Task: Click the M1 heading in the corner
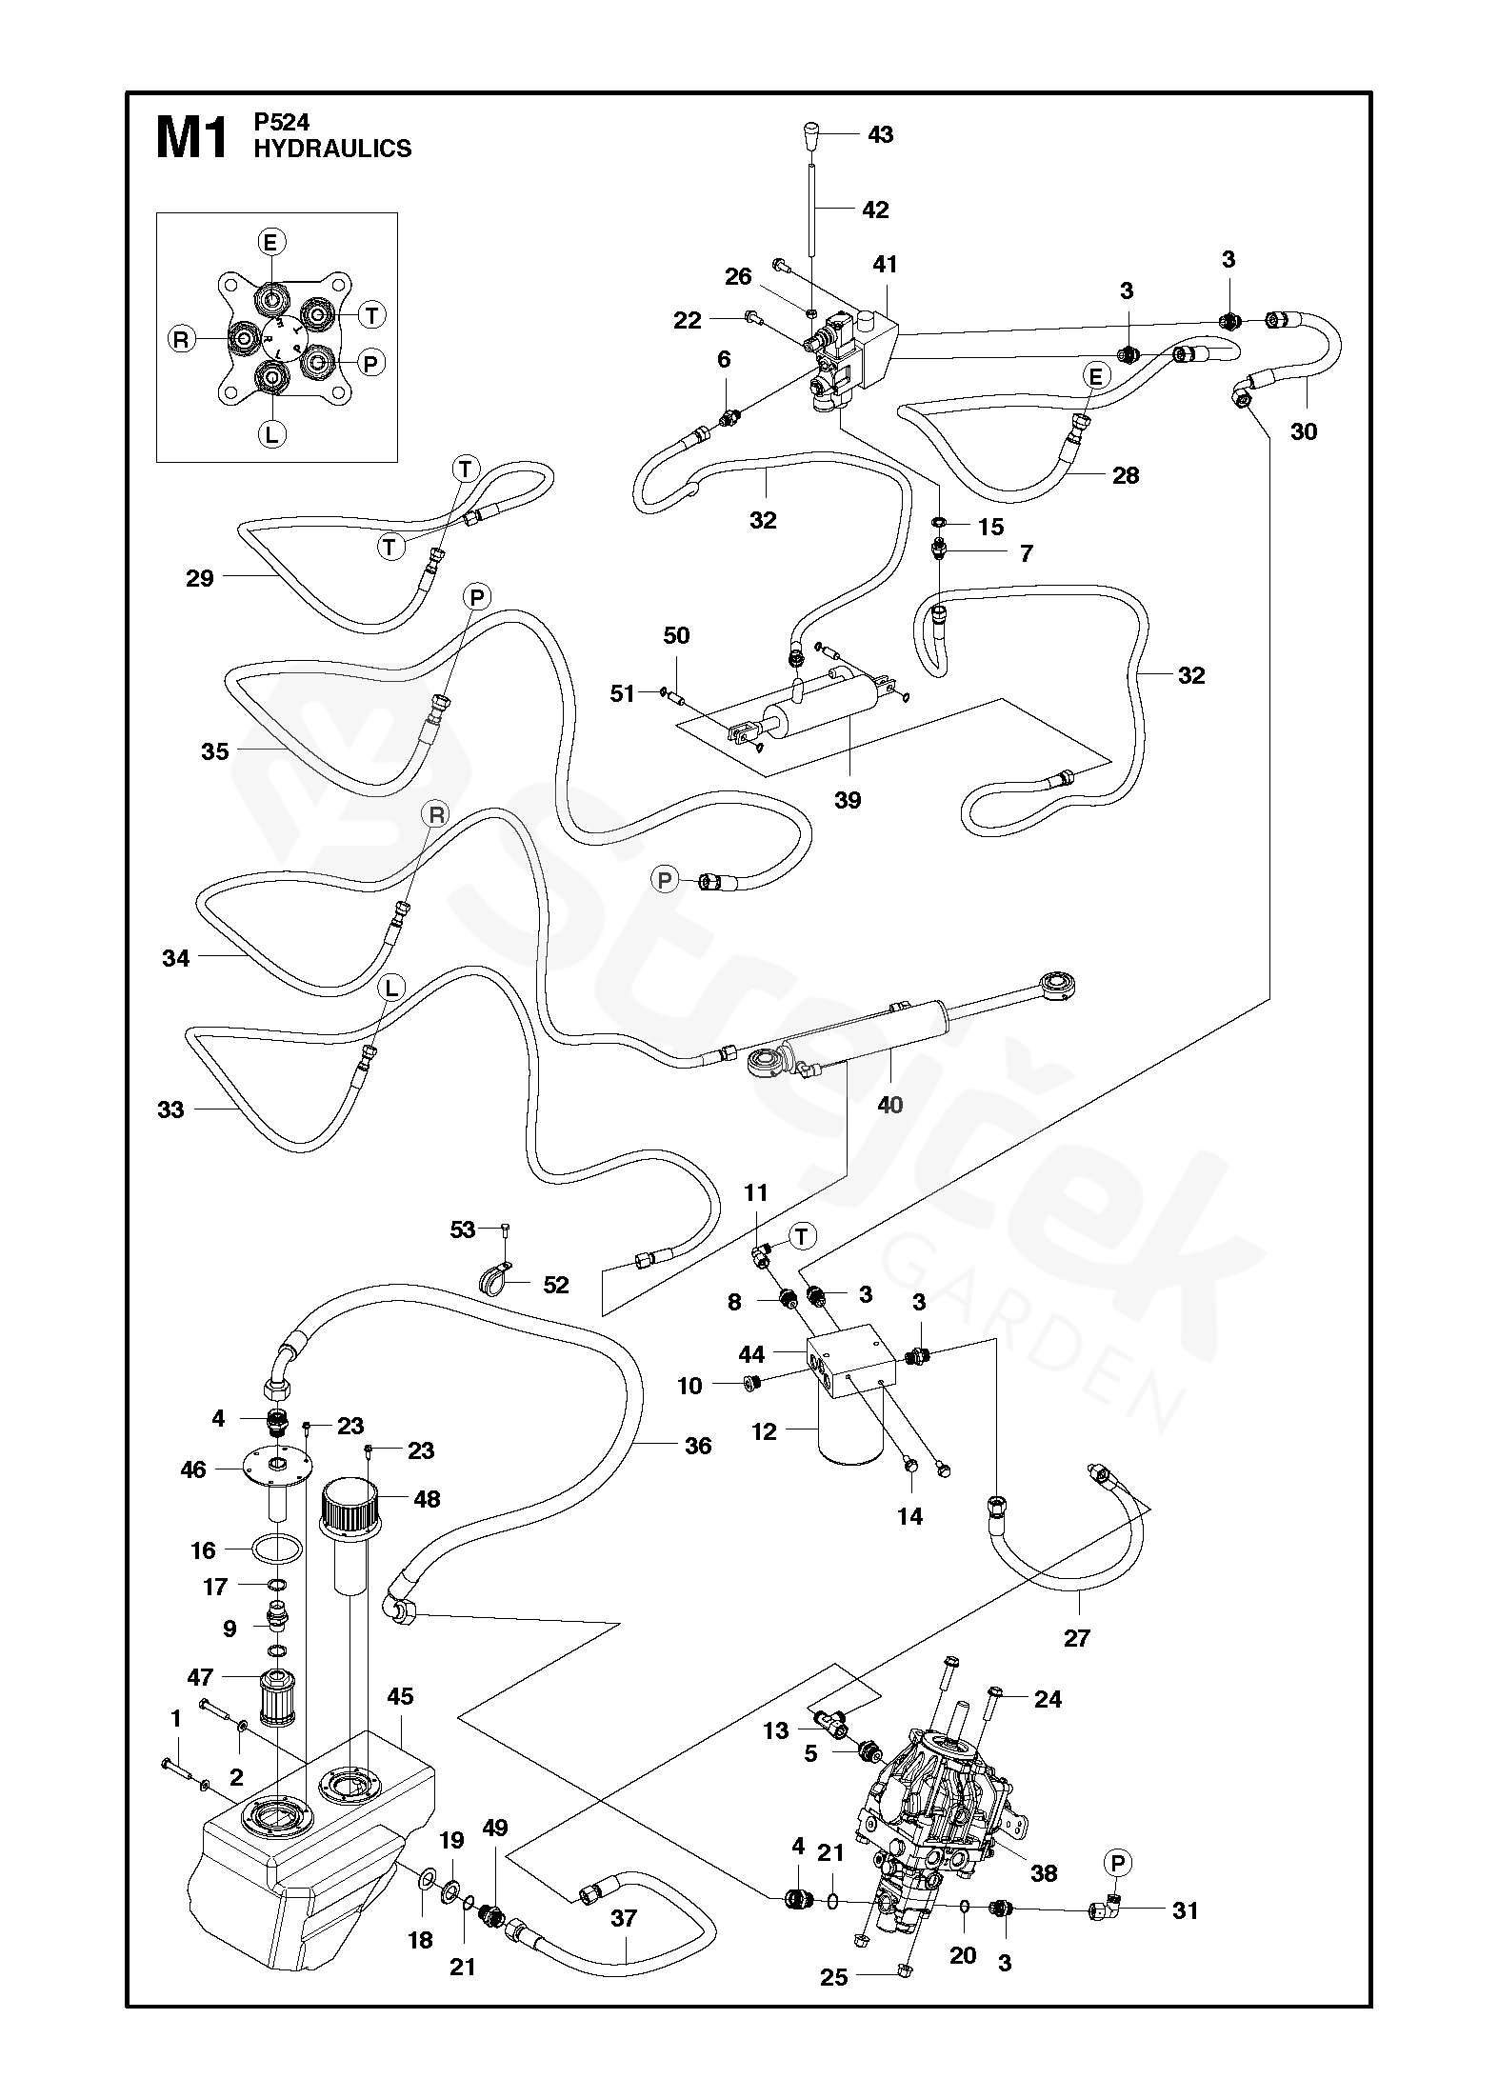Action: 191,140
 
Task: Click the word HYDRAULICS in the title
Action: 332,149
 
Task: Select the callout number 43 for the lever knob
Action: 880,135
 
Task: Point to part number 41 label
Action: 885,264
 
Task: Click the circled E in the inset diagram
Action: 270,243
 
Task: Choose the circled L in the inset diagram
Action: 271,435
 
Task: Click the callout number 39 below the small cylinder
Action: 847,800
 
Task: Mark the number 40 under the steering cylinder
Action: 889,1105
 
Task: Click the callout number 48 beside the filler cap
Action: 427,1498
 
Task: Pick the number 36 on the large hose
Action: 698,1446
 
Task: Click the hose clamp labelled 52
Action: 495,1281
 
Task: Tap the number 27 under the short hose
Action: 1076,1638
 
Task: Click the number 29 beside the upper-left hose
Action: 200,577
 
